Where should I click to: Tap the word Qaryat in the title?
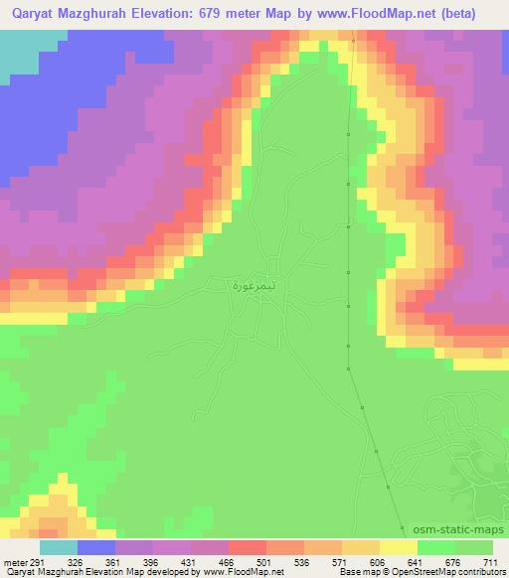(28, 14)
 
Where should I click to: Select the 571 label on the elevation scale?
(337, 561)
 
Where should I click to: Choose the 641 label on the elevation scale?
(415, 561)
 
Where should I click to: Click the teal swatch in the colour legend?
(58, 547)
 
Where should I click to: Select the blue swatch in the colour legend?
(96, 547)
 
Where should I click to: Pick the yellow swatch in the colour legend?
(398, 547)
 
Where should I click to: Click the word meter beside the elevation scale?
(12, 561)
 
